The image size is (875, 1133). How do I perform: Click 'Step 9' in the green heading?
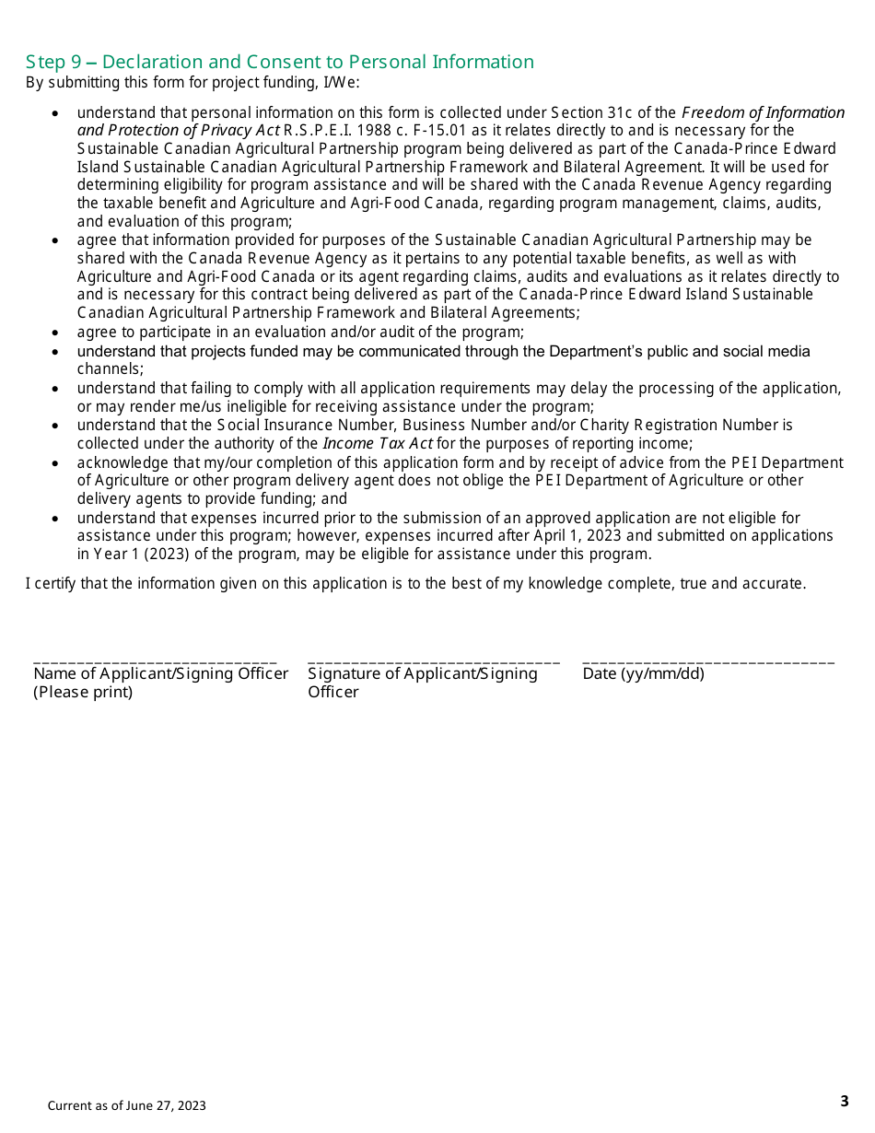53,63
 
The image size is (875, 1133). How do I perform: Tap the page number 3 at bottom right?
845,1101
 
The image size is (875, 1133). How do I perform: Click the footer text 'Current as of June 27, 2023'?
127,1105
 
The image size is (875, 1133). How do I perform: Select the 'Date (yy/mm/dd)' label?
643,673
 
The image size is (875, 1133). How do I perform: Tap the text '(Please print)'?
83,692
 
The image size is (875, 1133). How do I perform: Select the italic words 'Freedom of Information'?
763,112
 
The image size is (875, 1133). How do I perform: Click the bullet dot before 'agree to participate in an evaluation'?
56,333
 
